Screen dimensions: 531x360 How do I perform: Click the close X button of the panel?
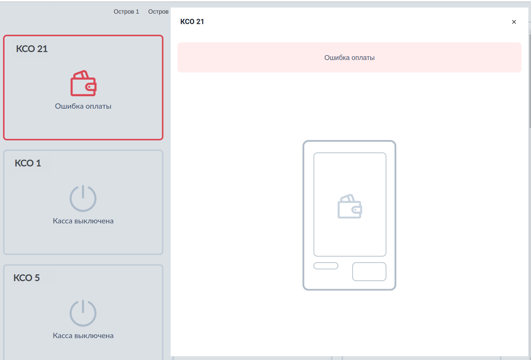pyautogui.click(x=514, y=22)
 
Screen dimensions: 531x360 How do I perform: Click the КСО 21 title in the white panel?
pyautogui.click(x=192, y=22)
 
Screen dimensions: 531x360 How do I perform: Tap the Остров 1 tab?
pyautogui.click(x=126, y=12)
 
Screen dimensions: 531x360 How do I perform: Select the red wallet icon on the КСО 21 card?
pyautogui.click(x=83, y=83)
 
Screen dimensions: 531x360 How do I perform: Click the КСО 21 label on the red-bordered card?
pyautogui.click(x=32, y=49)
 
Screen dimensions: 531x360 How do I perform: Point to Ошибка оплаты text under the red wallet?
pyautogui.click(x=83, y=106)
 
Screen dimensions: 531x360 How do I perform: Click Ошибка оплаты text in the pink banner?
pyautogui.click(x=349, y=58)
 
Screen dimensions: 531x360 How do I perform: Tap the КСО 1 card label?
pyautogui.click(x=28, y=163)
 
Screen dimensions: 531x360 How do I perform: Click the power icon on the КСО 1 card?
pyautogui.click(x=83, y=198)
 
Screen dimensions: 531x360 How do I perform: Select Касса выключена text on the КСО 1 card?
pyautogui.click(x=83, y=221)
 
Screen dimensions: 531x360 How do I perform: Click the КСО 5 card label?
pyautogui.click(x=26, y=278)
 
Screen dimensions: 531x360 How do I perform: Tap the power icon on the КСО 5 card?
pyautogui.click(x=83, y=313)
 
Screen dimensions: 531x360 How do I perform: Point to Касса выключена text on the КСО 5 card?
pyautogui.click(x=83, y=335)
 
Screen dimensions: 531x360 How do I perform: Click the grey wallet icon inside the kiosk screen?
pyautogui.click(x=350, y=206)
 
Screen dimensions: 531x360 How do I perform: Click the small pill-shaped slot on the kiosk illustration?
pyautogui.click(x=326, y=266)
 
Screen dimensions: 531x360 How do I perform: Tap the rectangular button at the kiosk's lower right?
pyautogui.click(x=369, y=272)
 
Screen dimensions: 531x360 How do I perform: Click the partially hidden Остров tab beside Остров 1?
pyautogui.click(x=159, y=12)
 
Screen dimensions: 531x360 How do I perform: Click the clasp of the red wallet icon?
pyautogui.click(x=91, y=87)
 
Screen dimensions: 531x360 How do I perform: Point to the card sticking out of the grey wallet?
pyautogui.click(x=348, y=198)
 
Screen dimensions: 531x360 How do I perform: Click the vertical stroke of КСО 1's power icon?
pyautogui.click(x=83, y=191)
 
